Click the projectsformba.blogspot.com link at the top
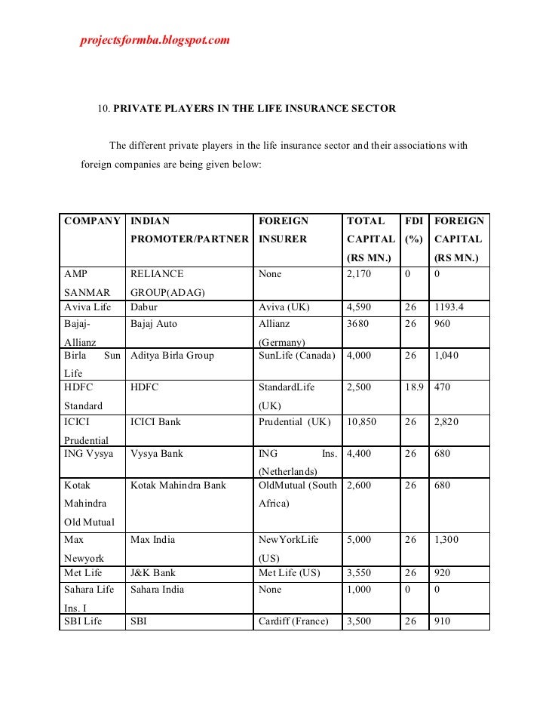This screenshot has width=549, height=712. [x=155, y=39]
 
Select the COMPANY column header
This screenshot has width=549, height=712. [x=93, y=222]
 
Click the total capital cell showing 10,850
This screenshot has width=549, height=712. [x=363, y=421]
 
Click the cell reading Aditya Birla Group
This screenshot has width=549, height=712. [x=172, y=355]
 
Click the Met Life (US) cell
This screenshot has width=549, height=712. [x=290, y=573]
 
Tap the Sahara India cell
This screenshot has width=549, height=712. [x=157, y=589]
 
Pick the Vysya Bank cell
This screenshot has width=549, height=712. [x=157, y=454]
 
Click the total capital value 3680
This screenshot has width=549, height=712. [x=357, y=323]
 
